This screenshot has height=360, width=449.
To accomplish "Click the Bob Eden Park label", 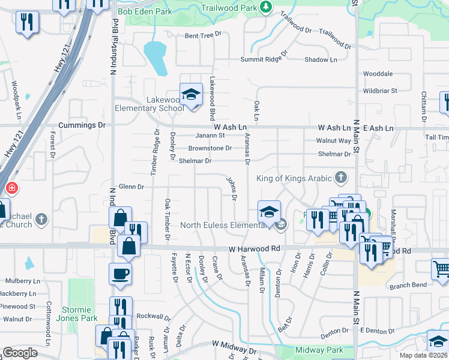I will (145, 11).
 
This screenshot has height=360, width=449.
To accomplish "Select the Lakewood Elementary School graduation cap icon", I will (191, 95).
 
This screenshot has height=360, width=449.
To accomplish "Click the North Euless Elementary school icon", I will (269, 211).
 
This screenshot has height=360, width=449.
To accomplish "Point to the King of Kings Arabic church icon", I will (341, 178).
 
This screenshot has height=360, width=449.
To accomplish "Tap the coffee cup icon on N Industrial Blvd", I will (120, 274).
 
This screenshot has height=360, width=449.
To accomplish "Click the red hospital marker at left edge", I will (11, 188).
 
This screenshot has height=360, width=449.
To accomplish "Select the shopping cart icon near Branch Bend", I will (441, 269).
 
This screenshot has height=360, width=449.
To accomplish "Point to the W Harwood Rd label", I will (255, 248).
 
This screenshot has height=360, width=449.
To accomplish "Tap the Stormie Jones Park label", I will (80, 314).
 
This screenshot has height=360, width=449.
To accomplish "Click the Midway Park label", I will (319, 350).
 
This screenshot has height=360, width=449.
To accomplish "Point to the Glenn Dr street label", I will (131, 187).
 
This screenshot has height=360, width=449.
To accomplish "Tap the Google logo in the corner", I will (20, 353).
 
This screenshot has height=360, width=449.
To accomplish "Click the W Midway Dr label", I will (234, 345).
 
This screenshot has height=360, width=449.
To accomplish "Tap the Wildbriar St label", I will (380, 91).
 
